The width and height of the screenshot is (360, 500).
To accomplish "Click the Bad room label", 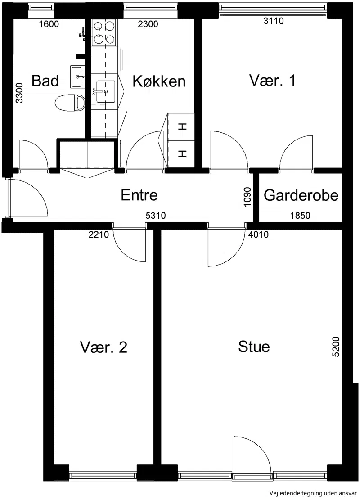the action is pos(45,81).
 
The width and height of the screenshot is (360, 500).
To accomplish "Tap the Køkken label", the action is pos(159,81).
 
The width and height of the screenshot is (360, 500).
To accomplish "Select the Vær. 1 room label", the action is pos(272,81).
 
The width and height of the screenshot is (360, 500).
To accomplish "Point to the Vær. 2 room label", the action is pos(103,347).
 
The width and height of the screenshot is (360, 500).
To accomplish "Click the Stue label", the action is pos(254,347).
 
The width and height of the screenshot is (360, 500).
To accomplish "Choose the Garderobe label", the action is pos(301,195).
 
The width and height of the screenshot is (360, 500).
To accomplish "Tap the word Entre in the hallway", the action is pos(139,195).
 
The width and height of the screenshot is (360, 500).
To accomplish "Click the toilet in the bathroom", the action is pos(69,103).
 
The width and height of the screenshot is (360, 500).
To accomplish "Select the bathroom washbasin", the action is pos(77,77).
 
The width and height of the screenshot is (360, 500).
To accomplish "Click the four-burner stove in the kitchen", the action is pos(103,32).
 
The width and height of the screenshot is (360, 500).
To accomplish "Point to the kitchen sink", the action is pos(106,91).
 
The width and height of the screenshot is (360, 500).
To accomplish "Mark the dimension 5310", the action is pos(156,216).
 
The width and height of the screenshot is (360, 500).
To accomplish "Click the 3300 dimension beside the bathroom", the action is pos(19,93).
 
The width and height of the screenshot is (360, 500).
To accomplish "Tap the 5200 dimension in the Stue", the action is pos(336,346).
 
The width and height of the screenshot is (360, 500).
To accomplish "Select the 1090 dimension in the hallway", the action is pos(247,197).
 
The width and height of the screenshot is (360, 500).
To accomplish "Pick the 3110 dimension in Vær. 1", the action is pos(274,21).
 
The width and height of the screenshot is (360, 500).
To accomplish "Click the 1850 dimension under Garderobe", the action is pos(300,216).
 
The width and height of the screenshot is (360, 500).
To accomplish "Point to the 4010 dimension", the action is pos(258,234).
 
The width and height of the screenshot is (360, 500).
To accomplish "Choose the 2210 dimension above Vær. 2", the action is pos(99,234).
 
